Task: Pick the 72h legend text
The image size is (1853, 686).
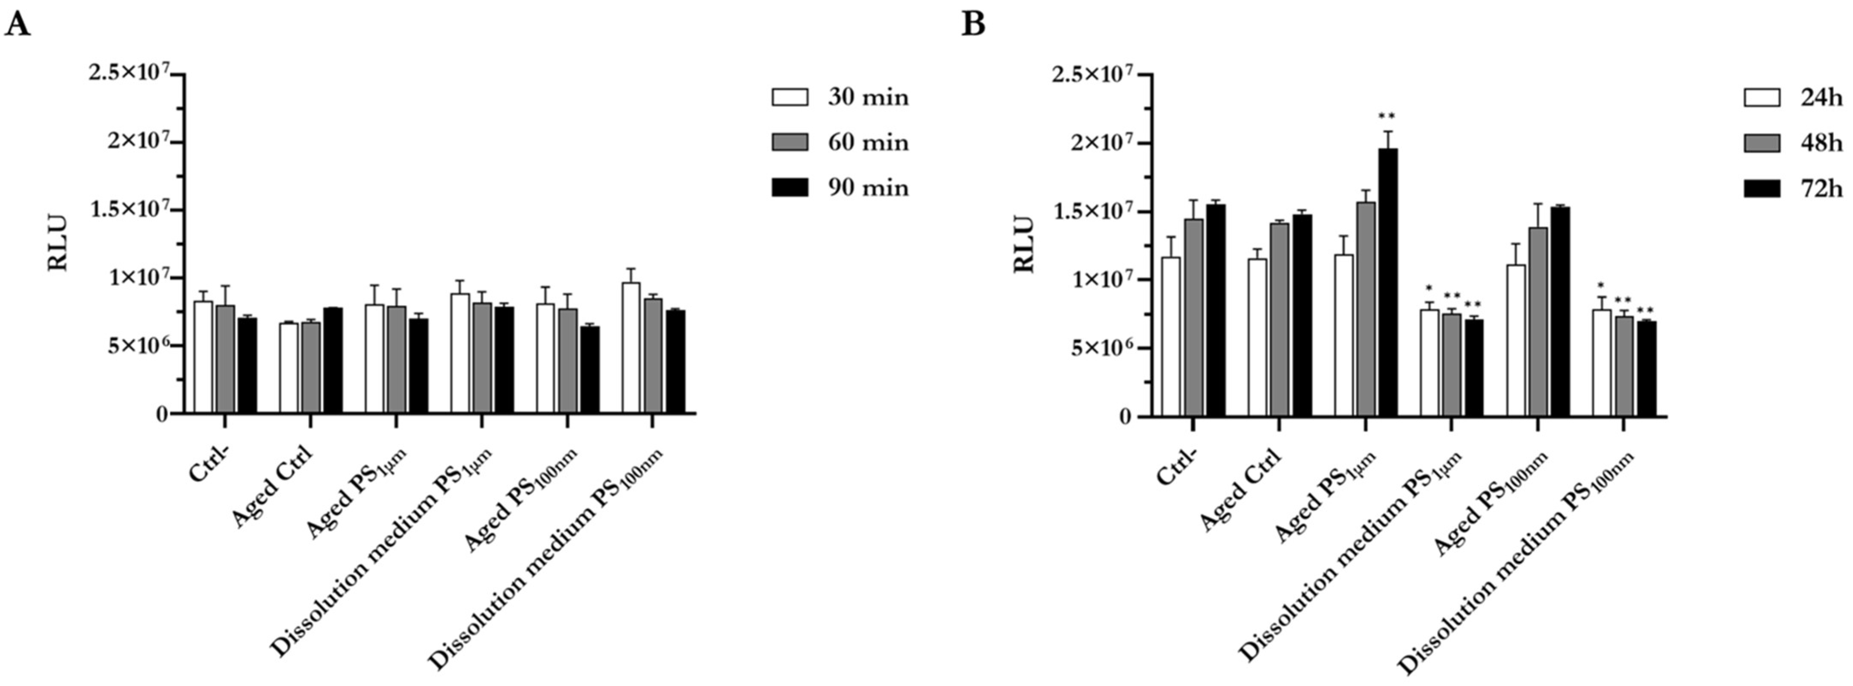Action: pos(1821,189)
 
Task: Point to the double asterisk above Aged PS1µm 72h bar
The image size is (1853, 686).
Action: pos(1387,116)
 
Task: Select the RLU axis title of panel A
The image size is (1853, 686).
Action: pos(58,242)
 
